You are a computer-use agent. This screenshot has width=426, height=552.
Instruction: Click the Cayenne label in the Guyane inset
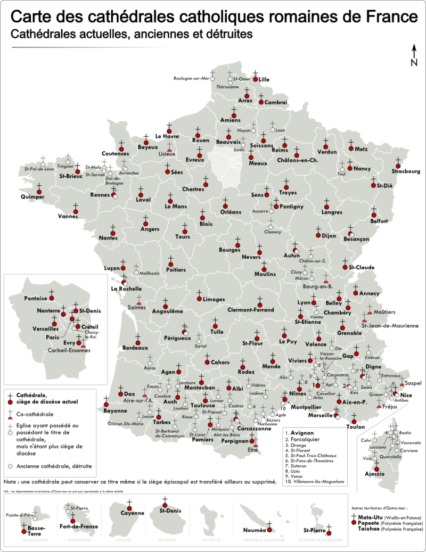(132, 513)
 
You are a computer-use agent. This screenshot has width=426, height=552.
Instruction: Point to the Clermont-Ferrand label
(250, 310)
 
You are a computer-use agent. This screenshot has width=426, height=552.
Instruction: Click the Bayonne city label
(116, 411)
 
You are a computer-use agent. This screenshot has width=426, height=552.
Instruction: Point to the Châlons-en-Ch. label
(301, 160)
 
